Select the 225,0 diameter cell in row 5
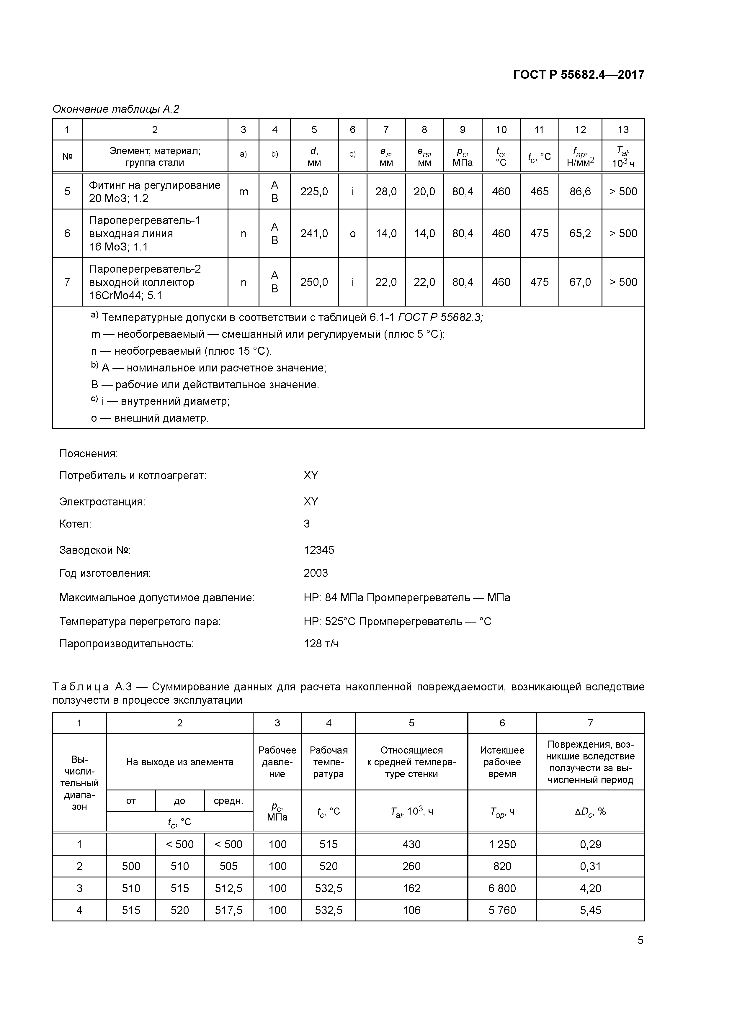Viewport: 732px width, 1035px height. [314, 191]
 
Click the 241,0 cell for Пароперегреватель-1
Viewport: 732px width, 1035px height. [314, 233]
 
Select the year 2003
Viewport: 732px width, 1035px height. [316, 573]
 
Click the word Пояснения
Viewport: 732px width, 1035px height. [88, 453]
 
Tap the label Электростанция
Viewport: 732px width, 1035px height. [102, 502]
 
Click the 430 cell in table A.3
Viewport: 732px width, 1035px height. [411, 844]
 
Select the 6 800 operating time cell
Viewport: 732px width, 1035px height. [502, 888]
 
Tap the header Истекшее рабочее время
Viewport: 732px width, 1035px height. [502, 762]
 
